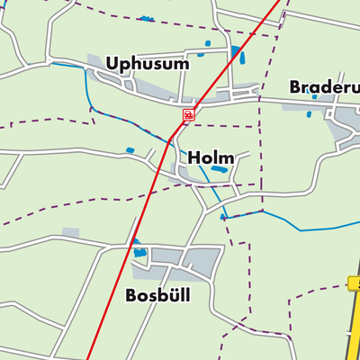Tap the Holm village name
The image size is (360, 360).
click(211, 158)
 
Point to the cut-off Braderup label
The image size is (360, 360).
click(324, 87)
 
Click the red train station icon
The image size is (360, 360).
click(187, 114)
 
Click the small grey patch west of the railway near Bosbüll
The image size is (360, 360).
click(70, 233)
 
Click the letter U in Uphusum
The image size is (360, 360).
click(112, 64)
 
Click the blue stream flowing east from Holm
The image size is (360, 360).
click(297, 221)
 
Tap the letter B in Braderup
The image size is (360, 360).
click(296, 87)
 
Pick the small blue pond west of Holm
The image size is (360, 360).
click(130, 149)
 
